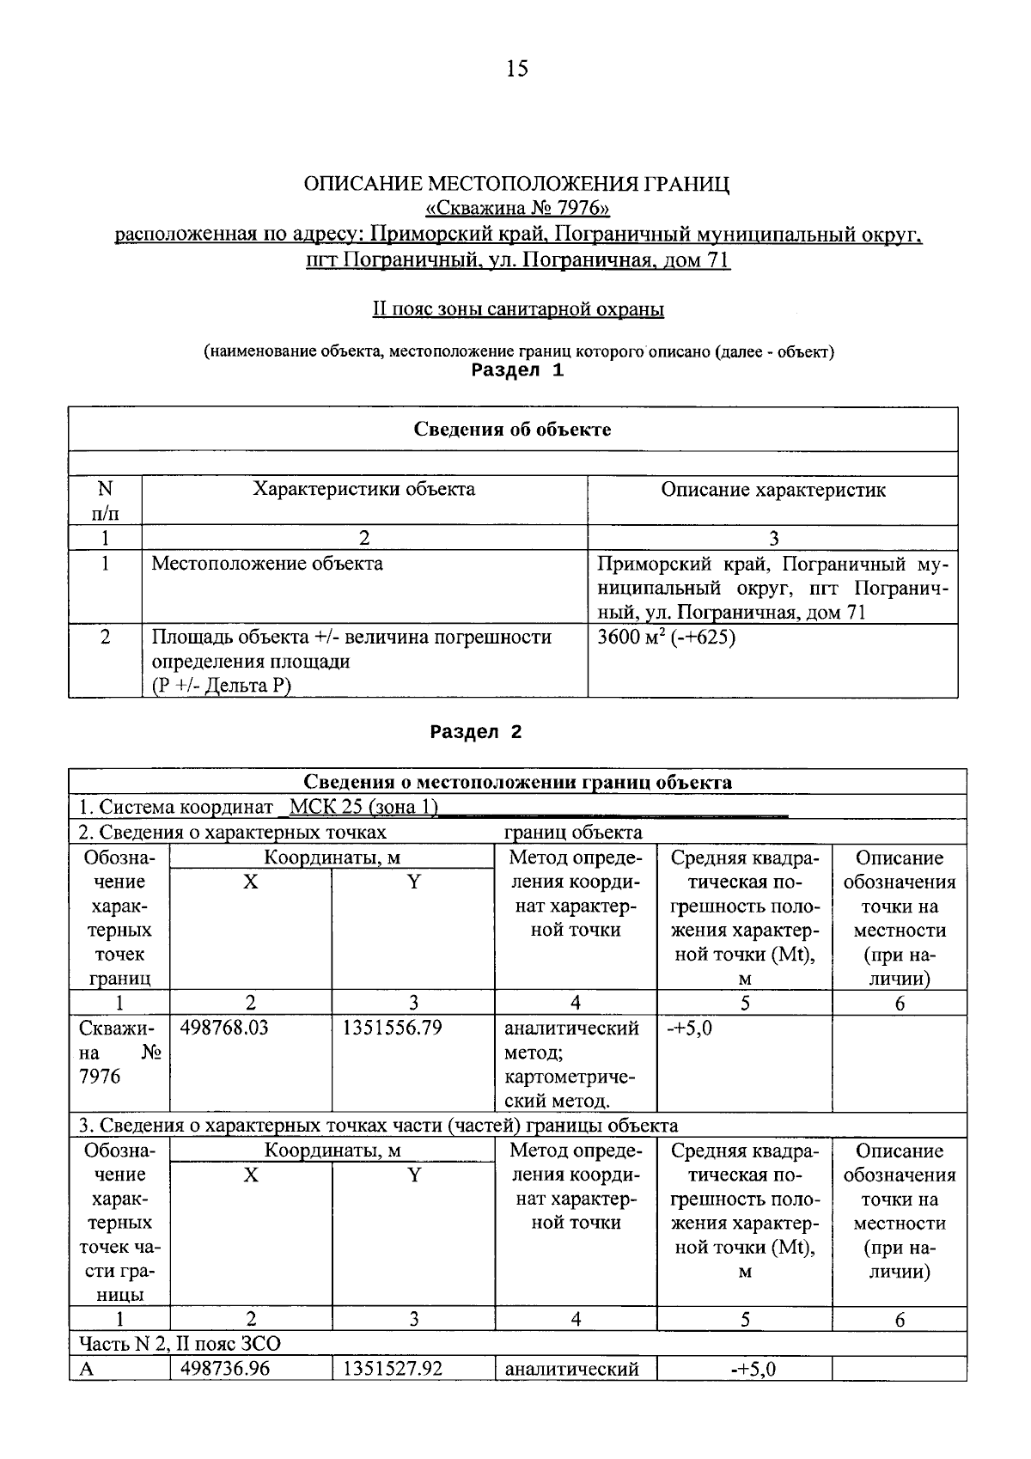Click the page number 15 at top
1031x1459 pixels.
(x=517, y=69)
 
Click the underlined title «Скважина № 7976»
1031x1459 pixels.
(x=518, y=209)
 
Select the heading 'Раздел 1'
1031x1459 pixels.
(x=518, y=370)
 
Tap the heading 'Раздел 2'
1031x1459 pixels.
(x=476, y=732)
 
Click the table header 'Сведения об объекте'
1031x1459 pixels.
(x=513, y=429)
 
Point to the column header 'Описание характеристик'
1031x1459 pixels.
(x=773, y=490)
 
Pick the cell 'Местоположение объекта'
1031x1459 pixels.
(x=267, y=564)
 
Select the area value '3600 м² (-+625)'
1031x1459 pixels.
(x=667, y=638)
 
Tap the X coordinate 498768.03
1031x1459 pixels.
(x=225, y=1028)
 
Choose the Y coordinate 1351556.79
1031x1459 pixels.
(x=392, y=1028)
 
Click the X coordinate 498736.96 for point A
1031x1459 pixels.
(x=225, y=1368)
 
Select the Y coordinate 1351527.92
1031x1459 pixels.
(x=392, y=1368)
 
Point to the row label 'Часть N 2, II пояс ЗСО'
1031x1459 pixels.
(x=180, y=1343)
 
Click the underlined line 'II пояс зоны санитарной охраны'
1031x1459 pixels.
(x=518, y=309)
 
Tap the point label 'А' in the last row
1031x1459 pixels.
(x=86, y=1369)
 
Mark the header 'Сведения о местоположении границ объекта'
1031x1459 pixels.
(x=518, y=782)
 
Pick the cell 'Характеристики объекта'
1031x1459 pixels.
(x=364, y=490)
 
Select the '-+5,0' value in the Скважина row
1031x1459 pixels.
(x=690, y=1028)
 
